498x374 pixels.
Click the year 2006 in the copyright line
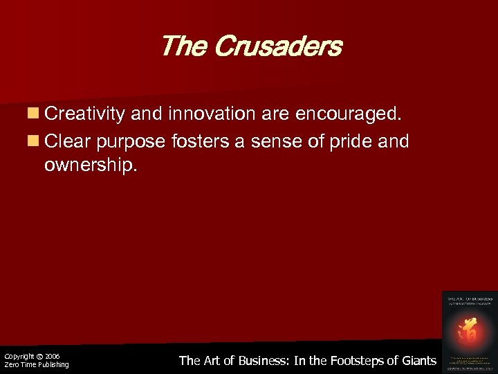point(53,356)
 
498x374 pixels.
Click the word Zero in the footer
point(10,364)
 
